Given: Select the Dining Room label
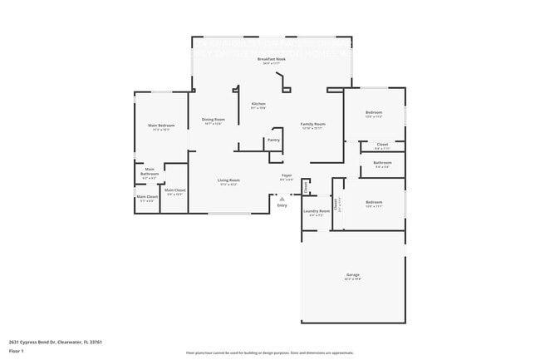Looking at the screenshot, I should (213, 121).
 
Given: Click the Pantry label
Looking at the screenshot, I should (273, 140).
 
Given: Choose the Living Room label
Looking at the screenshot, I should (228, 181).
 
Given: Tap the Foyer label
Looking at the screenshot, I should (286, 176).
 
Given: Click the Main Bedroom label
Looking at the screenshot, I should (160, 126).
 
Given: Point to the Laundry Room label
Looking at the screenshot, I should (317, 212).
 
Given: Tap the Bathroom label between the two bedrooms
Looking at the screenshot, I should (382, 164).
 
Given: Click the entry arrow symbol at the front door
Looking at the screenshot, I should (282, 199).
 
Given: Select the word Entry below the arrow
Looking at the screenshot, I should (282, 205).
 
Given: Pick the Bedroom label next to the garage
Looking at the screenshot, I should (374, 203).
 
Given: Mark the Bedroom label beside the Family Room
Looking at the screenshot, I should (374, 113).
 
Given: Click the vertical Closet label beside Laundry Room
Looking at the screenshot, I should (336, 204).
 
